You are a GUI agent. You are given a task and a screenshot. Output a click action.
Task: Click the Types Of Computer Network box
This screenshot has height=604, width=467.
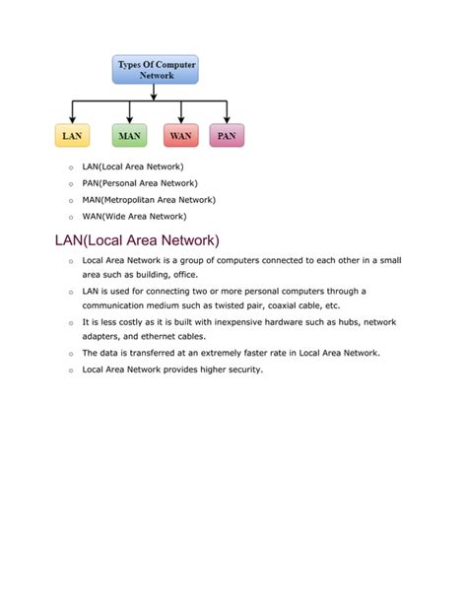click(157, 69)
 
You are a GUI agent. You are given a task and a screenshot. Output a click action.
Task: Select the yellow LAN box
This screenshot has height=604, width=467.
click(72, 135)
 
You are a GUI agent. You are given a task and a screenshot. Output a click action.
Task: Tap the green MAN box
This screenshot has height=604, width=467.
click(129, 135)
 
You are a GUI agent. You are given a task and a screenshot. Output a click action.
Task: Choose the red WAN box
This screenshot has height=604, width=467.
click(180, 135)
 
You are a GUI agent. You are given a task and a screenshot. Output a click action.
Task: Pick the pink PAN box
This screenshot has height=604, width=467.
click(227, 135)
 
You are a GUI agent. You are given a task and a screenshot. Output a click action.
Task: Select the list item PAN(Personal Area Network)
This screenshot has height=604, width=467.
click(140, 183)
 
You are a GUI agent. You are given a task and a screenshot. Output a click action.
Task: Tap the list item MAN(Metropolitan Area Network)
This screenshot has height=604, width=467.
click(149, 199)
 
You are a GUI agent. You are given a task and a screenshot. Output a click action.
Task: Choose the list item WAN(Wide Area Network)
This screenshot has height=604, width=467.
click(134, 216)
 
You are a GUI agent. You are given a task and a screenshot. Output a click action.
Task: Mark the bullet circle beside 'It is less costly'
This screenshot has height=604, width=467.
click(71, 323)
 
